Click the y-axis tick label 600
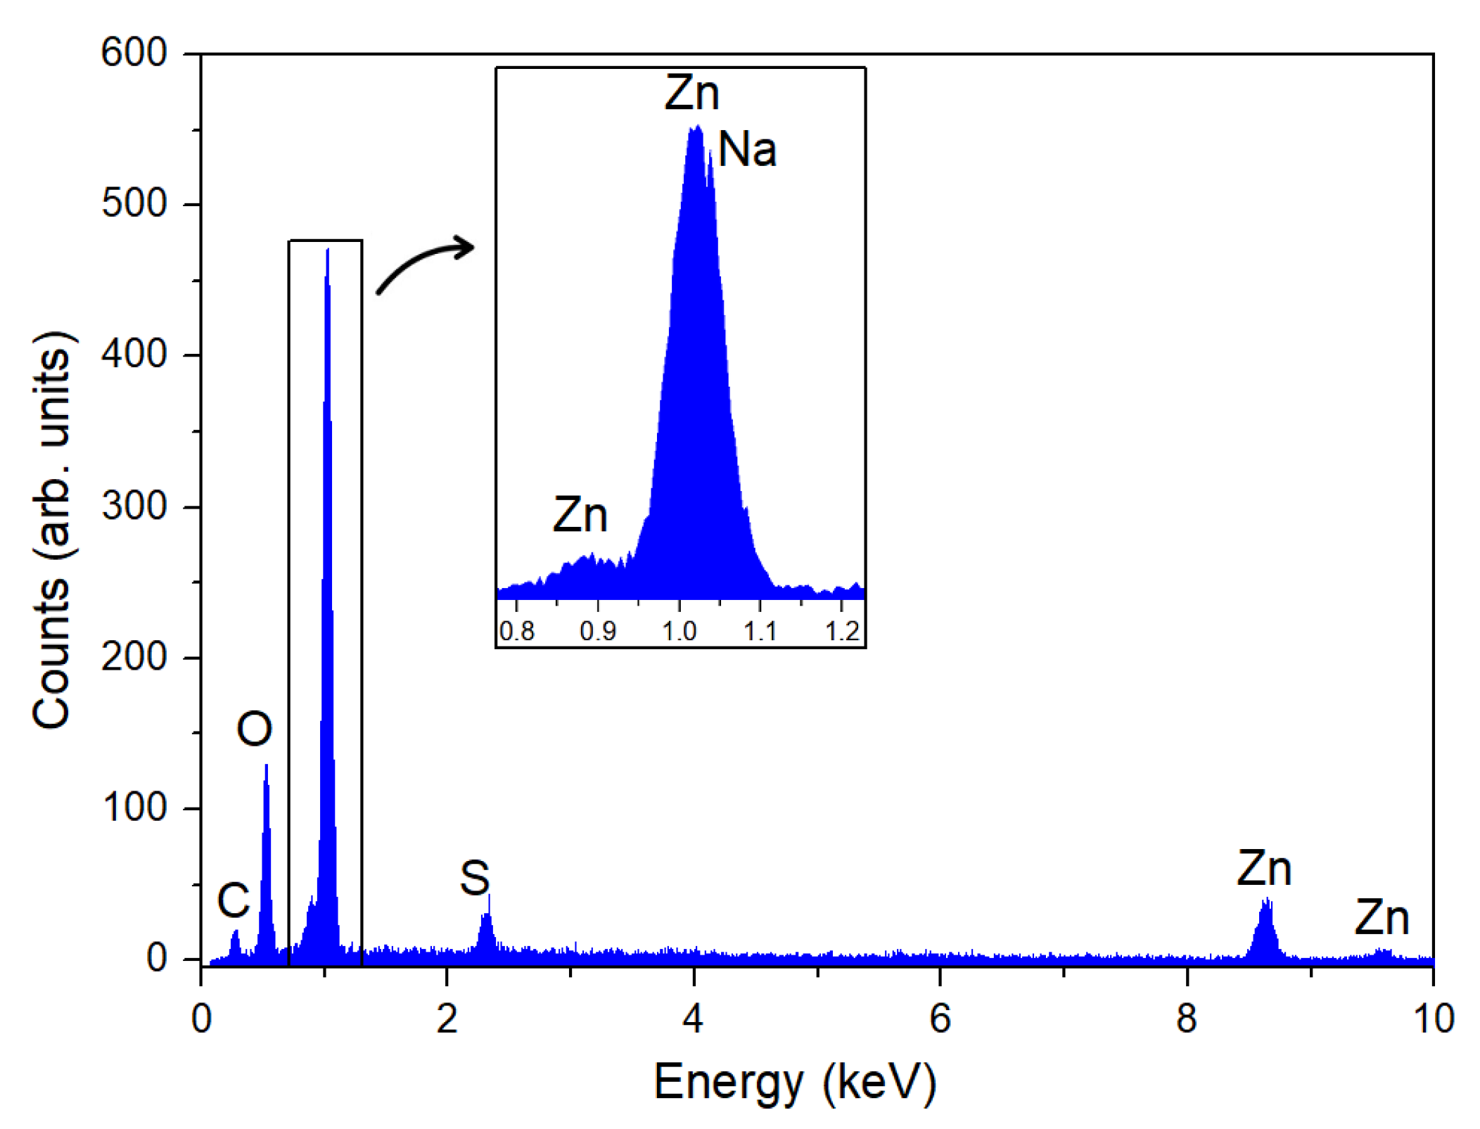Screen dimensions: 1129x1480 [134, 53]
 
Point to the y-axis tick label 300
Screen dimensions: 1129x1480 [134, 506]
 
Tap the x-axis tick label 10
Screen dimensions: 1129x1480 [1433, 1018]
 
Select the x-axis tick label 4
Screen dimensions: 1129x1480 [693, 1018]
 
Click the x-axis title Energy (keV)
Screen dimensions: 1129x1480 [795, 1081]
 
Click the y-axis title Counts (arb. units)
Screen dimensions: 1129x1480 [52, 529]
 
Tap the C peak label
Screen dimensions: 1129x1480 [233, 900]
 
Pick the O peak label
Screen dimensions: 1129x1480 [254, 729]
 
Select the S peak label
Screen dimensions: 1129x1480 [474, 878]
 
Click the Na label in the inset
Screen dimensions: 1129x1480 [747, 150]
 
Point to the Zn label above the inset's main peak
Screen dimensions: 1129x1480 [692, 93]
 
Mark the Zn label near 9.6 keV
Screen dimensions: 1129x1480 [1382, 917]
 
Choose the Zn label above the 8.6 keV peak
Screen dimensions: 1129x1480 [1264, 868]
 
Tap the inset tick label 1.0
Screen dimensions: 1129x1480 [679, 631]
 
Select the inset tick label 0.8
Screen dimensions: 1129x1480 [517, 631]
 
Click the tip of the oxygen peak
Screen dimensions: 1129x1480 [266, 766]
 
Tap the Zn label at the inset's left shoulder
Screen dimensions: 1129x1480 [580, 514]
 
